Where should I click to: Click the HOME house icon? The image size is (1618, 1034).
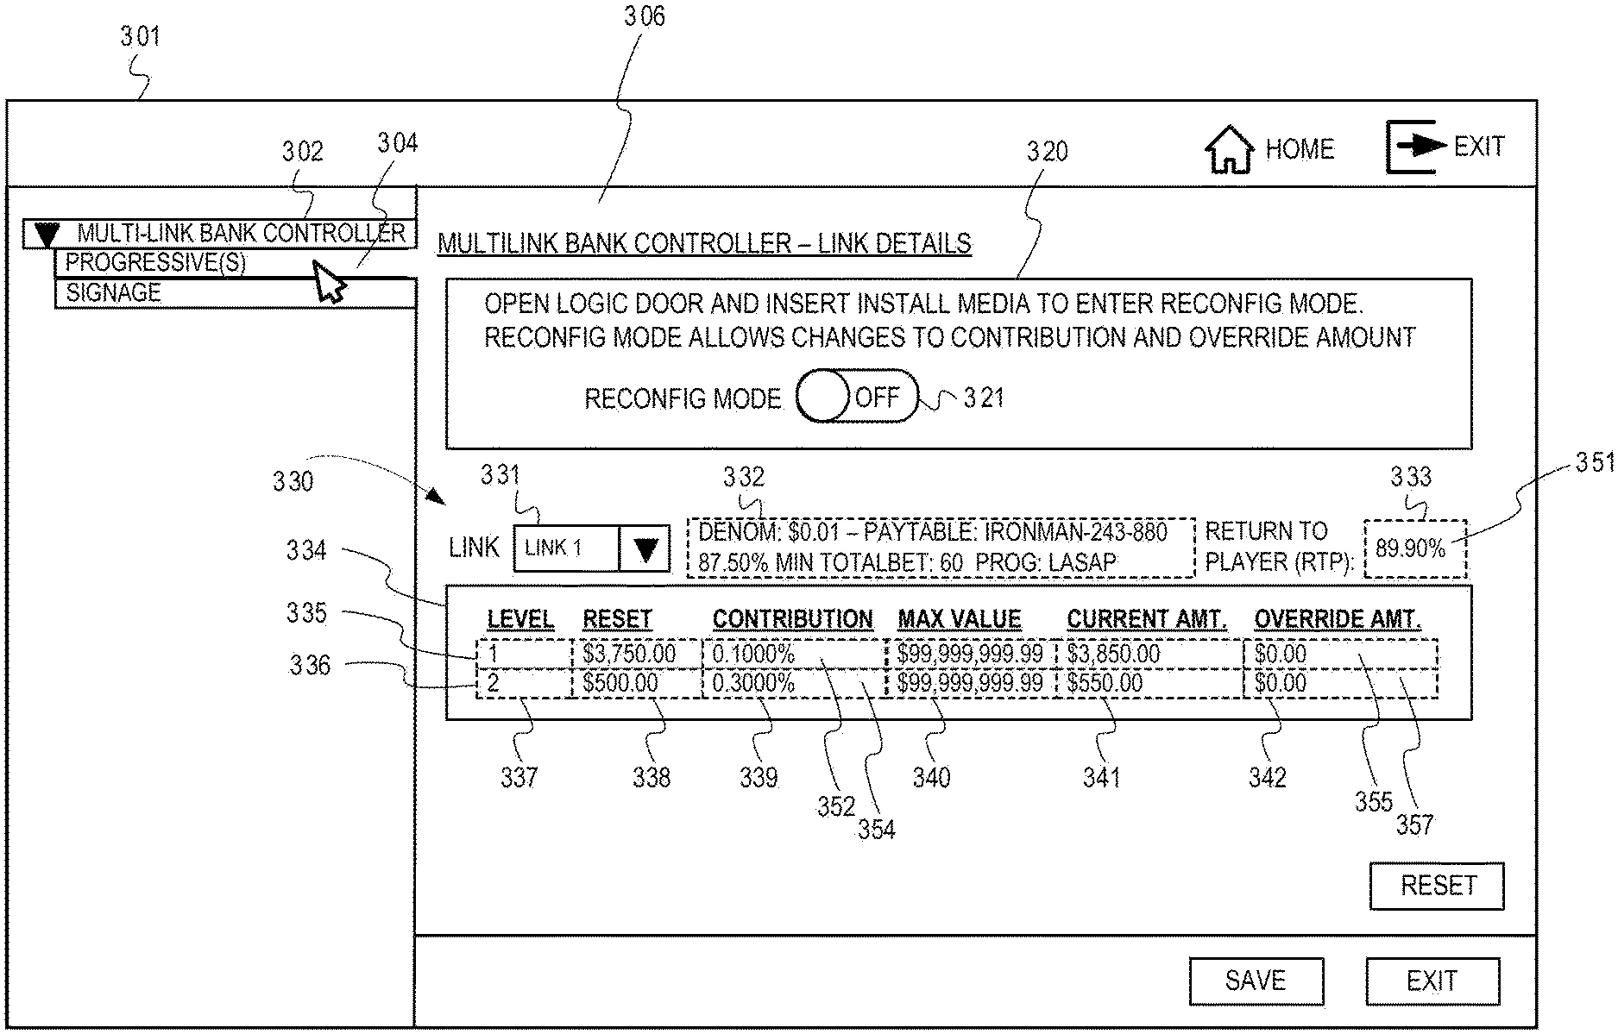tap(1229, 150)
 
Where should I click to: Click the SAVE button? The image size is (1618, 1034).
tap(1256, 981)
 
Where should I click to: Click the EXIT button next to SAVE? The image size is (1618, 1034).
tap(1432, 981)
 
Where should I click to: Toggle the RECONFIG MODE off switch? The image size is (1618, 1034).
tap(857, 397)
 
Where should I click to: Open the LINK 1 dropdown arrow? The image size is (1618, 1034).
tap(645, 548)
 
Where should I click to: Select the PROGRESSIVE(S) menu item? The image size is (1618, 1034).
tap(155, 262)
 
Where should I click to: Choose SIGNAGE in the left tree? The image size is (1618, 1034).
tap(114, 293)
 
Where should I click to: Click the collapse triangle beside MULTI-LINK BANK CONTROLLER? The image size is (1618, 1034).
tap(47, 234)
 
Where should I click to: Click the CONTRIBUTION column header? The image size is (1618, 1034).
tap(792, 619)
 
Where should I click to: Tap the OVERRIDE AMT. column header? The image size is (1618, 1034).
tap(1337, 619)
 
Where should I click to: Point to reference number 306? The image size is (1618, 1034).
tap(645, 17)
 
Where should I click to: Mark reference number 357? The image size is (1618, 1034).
tap(1414, 825)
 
